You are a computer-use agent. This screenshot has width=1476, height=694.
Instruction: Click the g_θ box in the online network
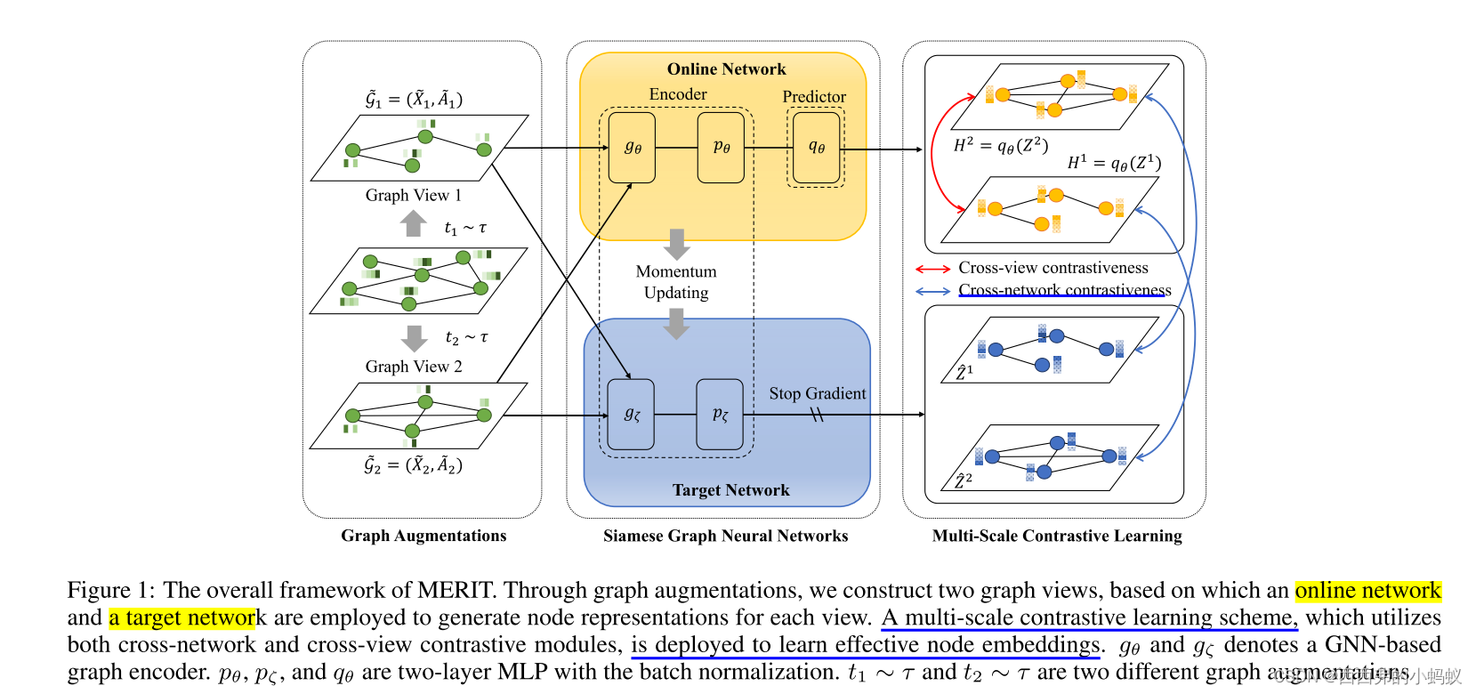tap(632, 148)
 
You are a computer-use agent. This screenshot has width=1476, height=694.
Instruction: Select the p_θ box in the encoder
tap(721, 148)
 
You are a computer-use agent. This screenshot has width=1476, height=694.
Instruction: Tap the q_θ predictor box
tap(816, 148)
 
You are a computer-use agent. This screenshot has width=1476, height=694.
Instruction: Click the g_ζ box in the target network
tap(631, 415)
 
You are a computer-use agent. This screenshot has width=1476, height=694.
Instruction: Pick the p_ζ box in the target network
tap(720, 415)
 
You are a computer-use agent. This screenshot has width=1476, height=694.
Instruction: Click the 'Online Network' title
tap(726, 69)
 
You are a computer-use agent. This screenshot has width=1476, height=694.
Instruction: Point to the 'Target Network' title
tap(730, 490)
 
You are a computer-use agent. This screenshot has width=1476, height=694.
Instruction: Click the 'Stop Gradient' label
tap(817, 393)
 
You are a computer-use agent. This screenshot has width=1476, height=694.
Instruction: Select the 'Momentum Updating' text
tap(676, 282)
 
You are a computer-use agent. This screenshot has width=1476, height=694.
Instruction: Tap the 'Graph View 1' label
tap(413, 196)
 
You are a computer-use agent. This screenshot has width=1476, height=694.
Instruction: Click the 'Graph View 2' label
tap(413, 367)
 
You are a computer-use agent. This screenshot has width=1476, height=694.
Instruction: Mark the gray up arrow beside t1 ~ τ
tap(413, 223)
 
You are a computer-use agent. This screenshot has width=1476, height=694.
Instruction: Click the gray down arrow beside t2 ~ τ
tap(414, 338)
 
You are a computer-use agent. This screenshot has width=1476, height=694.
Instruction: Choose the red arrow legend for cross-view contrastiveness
tap(932, 269)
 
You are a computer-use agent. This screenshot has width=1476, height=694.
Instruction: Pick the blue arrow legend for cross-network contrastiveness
tap(932, 291)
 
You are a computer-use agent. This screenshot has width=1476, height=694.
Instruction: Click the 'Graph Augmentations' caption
tap(423, 536)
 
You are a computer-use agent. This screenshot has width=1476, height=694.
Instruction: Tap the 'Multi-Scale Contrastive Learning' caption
tap(1057, 536)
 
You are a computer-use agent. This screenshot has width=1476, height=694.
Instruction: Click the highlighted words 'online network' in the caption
tap(1367, 591)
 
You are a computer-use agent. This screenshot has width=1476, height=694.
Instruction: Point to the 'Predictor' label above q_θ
tap(814, 97)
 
